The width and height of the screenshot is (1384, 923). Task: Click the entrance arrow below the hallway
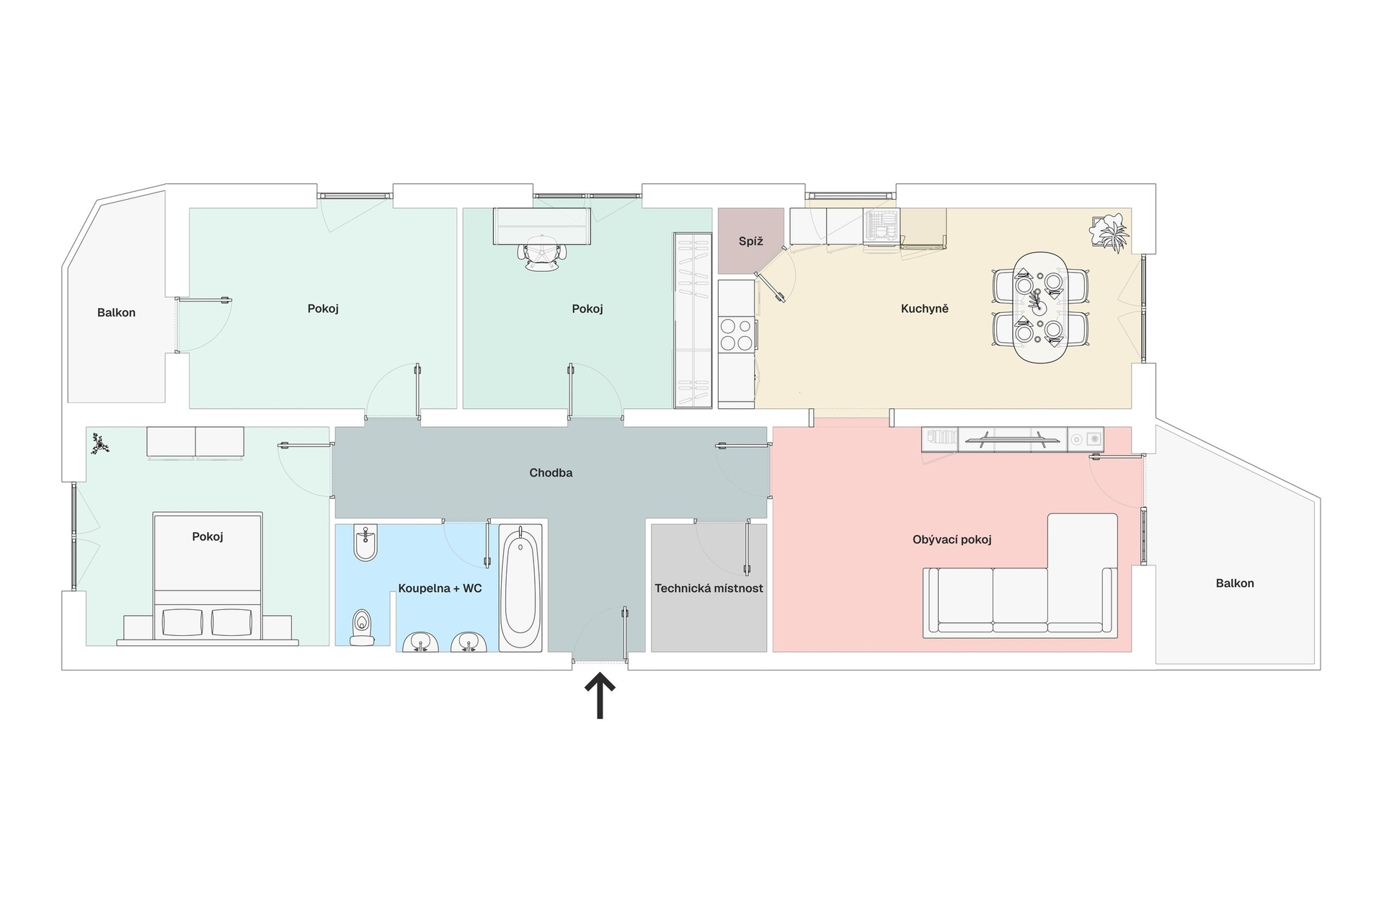coord(599,697)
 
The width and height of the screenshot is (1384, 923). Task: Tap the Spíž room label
coord(750,242)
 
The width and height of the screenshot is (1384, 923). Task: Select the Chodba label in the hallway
coord(551,473)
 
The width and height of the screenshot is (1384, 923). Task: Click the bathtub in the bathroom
coord(520,588)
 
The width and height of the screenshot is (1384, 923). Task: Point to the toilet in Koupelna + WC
coord(362,627)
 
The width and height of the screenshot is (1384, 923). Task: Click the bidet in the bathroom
coord(365,543)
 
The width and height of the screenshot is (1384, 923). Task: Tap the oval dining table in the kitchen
coord(1040,308)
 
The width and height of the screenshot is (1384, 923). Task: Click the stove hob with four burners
coord(736,335)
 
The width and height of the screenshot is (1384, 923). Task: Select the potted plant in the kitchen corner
coord(1110,232)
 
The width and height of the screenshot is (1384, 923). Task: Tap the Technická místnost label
coord(709,588)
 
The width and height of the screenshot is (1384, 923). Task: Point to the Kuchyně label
coord(925,309)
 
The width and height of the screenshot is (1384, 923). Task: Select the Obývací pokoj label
coord(952,539)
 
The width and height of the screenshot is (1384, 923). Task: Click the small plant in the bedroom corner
coord(100,444)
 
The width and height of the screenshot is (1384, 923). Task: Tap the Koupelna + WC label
coord(440,588)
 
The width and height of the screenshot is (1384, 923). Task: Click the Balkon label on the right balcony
coord(1235,583)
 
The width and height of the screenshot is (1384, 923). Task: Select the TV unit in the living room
coord(1012,440)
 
